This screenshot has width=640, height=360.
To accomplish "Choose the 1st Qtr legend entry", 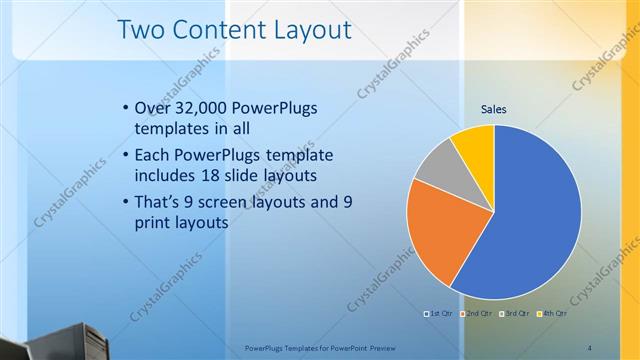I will [x=439, y=314].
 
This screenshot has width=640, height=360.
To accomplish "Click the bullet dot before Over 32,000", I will [x=124, y=108].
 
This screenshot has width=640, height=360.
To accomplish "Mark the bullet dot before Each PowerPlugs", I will [x=124, y=156].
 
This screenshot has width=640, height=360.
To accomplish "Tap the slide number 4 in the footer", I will [x=590, y=347].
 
